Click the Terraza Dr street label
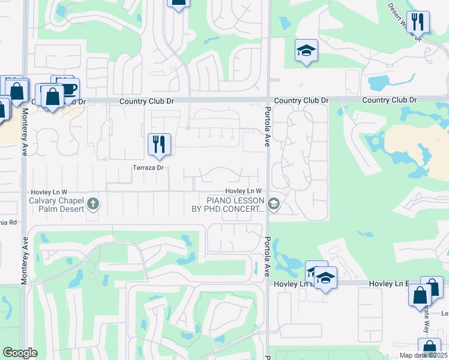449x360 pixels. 148,168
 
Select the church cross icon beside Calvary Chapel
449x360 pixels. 92,203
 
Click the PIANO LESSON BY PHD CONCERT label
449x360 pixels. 235,204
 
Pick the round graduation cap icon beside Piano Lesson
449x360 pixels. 274,204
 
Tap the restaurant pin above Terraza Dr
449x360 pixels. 159,145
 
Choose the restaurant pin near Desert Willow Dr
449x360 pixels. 418,22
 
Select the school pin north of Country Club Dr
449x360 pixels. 306,51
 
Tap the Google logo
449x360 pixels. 20,353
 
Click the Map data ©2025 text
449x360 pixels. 424,355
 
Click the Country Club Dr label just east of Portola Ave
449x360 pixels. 301,101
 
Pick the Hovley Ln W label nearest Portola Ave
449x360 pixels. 244,191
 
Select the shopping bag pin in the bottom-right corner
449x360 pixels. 429,347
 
